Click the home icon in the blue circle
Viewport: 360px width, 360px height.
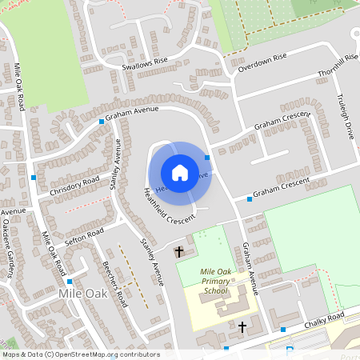pos(180,173)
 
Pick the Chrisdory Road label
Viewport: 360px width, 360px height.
pos(74,186)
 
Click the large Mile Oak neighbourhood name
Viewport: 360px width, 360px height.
pos(82,294)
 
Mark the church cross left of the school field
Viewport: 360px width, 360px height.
pos(179,252)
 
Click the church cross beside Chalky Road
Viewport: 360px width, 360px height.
pos(242,326)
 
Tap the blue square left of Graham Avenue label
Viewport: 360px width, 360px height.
pos(102,122)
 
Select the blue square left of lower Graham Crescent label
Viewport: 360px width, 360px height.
pos(250,198)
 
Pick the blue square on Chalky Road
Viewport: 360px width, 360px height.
pos(283,329)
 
